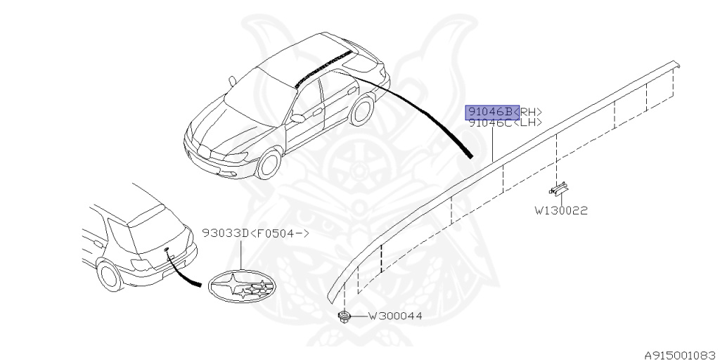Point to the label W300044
[395, 316]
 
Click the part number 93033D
[226, 233]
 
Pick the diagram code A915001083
[680, 354]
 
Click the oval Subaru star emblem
[240, 286]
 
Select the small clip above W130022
[560, 188]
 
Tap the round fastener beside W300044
[345, 316]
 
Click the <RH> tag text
[531, 111]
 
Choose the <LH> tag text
[531, 122]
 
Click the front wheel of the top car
[268, 165]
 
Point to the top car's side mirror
[297, 119]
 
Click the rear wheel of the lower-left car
[109, 275]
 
